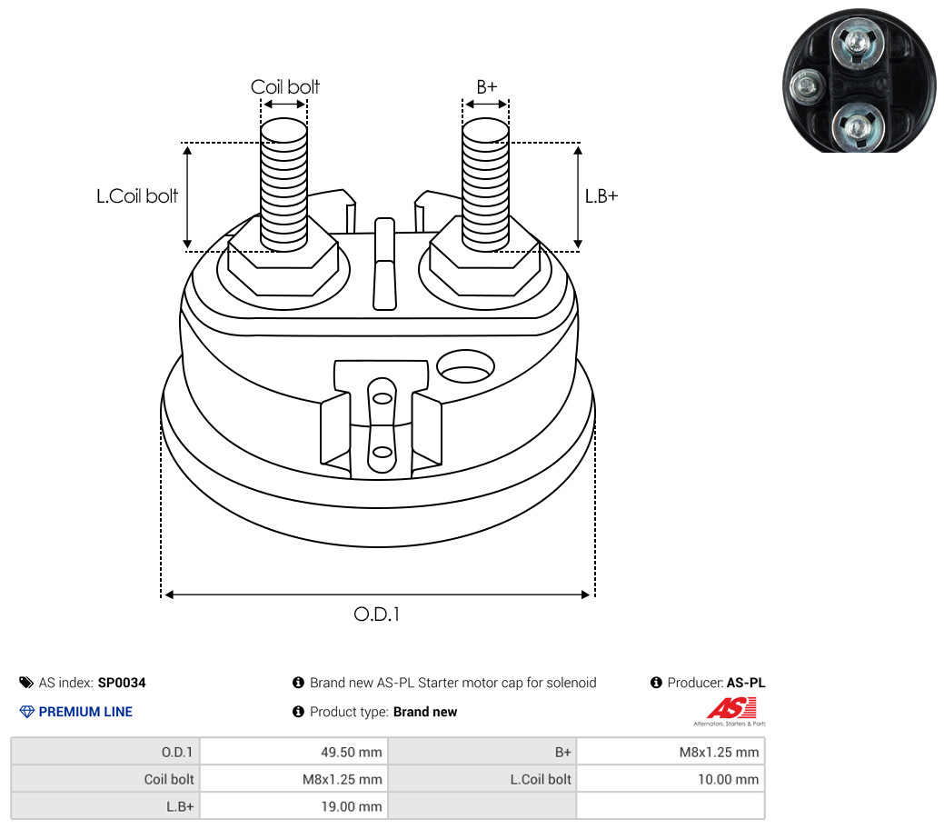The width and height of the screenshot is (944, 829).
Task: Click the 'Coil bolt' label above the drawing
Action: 284,87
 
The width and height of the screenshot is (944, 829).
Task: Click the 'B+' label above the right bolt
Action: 487,87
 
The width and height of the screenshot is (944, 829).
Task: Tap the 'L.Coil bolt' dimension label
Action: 137,195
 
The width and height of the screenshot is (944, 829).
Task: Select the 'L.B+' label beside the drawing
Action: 601,195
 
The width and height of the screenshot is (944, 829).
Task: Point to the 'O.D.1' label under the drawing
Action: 376,614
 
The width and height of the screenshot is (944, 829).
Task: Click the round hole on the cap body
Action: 466,367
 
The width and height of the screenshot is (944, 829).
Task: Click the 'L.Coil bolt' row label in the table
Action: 541,779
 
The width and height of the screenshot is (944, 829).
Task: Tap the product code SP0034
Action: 122,683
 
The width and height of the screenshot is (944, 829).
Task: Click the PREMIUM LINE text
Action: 85,712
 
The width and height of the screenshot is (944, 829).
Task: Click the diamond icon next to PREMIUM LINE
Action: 26,712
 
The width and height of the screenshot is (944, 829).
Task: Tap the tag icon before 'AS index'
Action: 26,683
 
